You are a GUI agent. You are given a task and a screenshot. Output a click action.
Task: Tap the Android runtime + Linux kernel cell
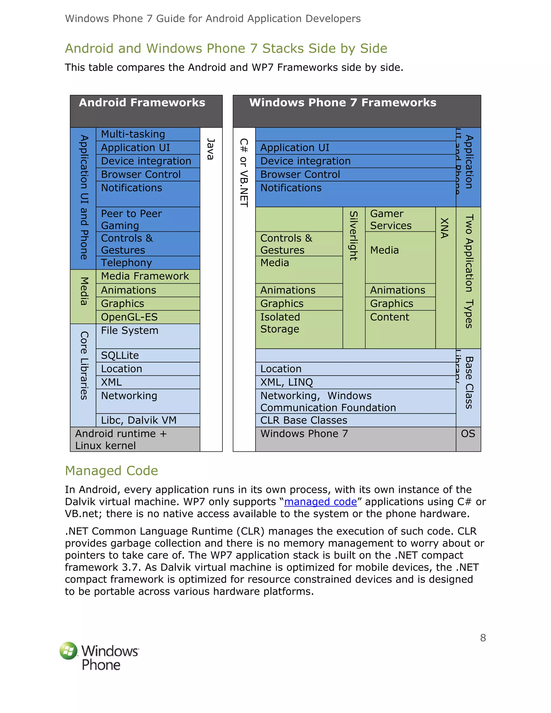coord(135,439)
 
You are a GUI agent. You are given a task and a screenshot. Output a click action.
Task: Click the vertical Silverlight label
coord(354,236)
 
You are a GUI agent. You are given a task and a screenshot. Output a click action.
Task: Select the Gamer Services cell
coord(400,219)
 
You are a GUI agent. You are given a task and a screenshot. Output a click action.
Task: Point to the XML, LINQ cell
coord(355,382)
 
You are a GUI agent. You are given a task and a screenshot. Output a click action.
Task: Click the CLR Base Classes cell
coord(355,420)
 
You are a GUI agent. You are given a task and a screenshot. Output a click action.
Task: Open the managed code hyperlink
coord(320,502)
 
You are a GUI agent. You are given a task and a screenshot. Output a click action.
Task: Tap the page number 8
coord(483,638)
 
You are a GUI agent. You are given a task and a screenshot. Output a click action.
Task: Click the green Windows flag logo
coord(69,651)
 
